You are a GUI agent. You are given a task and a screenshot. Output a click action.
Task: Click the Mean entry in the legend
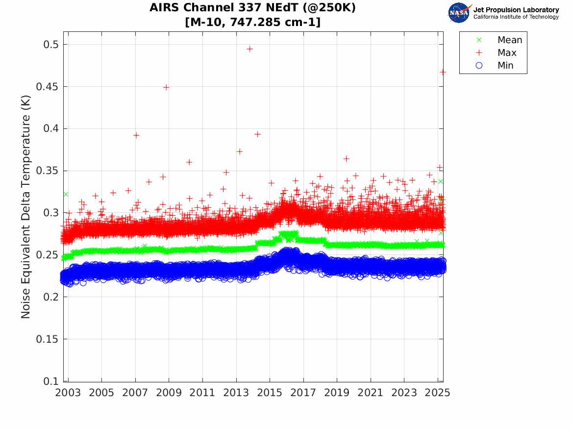tap(509, 40)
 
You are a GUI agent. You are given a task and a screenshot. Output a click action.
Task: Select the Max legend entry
tap(506, 53)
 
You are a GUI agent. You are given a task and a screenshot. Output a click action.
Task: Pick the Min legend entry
tap(505, 66)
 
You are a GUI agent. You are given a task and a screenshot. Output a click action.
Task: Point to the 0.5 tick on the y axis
tap(50, 45)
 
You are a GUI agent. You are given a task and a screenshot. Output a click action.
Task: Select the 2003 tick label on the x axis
tap(68, 393)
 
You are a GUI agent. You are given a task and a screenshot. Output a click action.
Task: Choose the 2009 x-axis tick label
tap(169, 393)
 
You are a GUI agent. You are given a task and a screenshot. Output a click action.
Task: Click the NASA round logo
tap(459, 12)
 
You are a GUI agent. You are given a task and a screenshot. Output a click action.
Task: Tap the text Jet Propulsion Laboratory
tap(516, 10)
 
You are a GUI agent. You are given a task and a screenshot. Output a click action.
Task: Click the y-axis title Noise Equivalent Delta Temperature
tap(26, 206)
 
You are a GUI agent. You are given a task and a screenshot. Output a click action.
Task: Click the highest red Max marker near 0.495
tap(249, 49)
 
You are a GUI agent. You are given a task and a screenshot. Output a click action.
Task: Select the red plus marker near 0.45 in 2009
tap(166, 87)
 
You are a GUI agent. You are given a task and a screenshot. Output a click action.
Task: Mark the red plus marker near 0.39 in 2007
tap(136, 135)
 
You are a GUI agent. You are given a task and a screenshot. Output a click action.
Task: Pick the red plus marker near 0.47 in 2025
tap(443, 72)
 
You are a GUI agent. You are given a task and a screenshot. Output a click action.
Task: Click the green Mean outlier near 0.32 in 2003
tap(65, 194)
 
